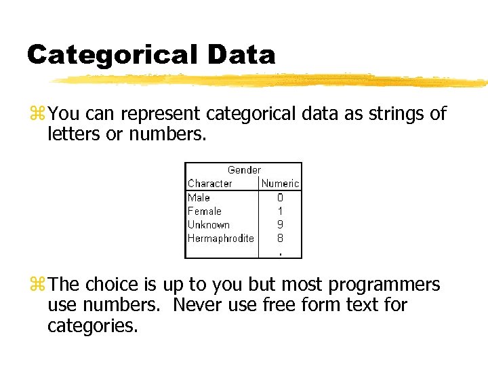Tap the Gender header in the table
pos(244,169)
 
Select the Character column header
pos(209,183)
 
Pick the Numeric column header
pos(280,183)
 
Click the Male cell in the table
pos(199,197)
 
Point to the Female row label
pos(204,211)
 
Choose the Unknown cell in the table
pos(208,224)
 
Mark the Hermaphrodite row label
pos(220,238)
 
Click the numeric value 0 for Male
pos(280,198)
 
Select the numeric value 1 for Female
pos(280,211)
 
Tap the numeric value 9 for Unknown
pos(280,225)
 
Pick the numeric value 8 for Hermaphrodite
pos(280,239)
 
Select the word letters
pos(71,134)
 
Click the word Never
pos(197,305)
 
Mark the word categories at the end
pos(92,326)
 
